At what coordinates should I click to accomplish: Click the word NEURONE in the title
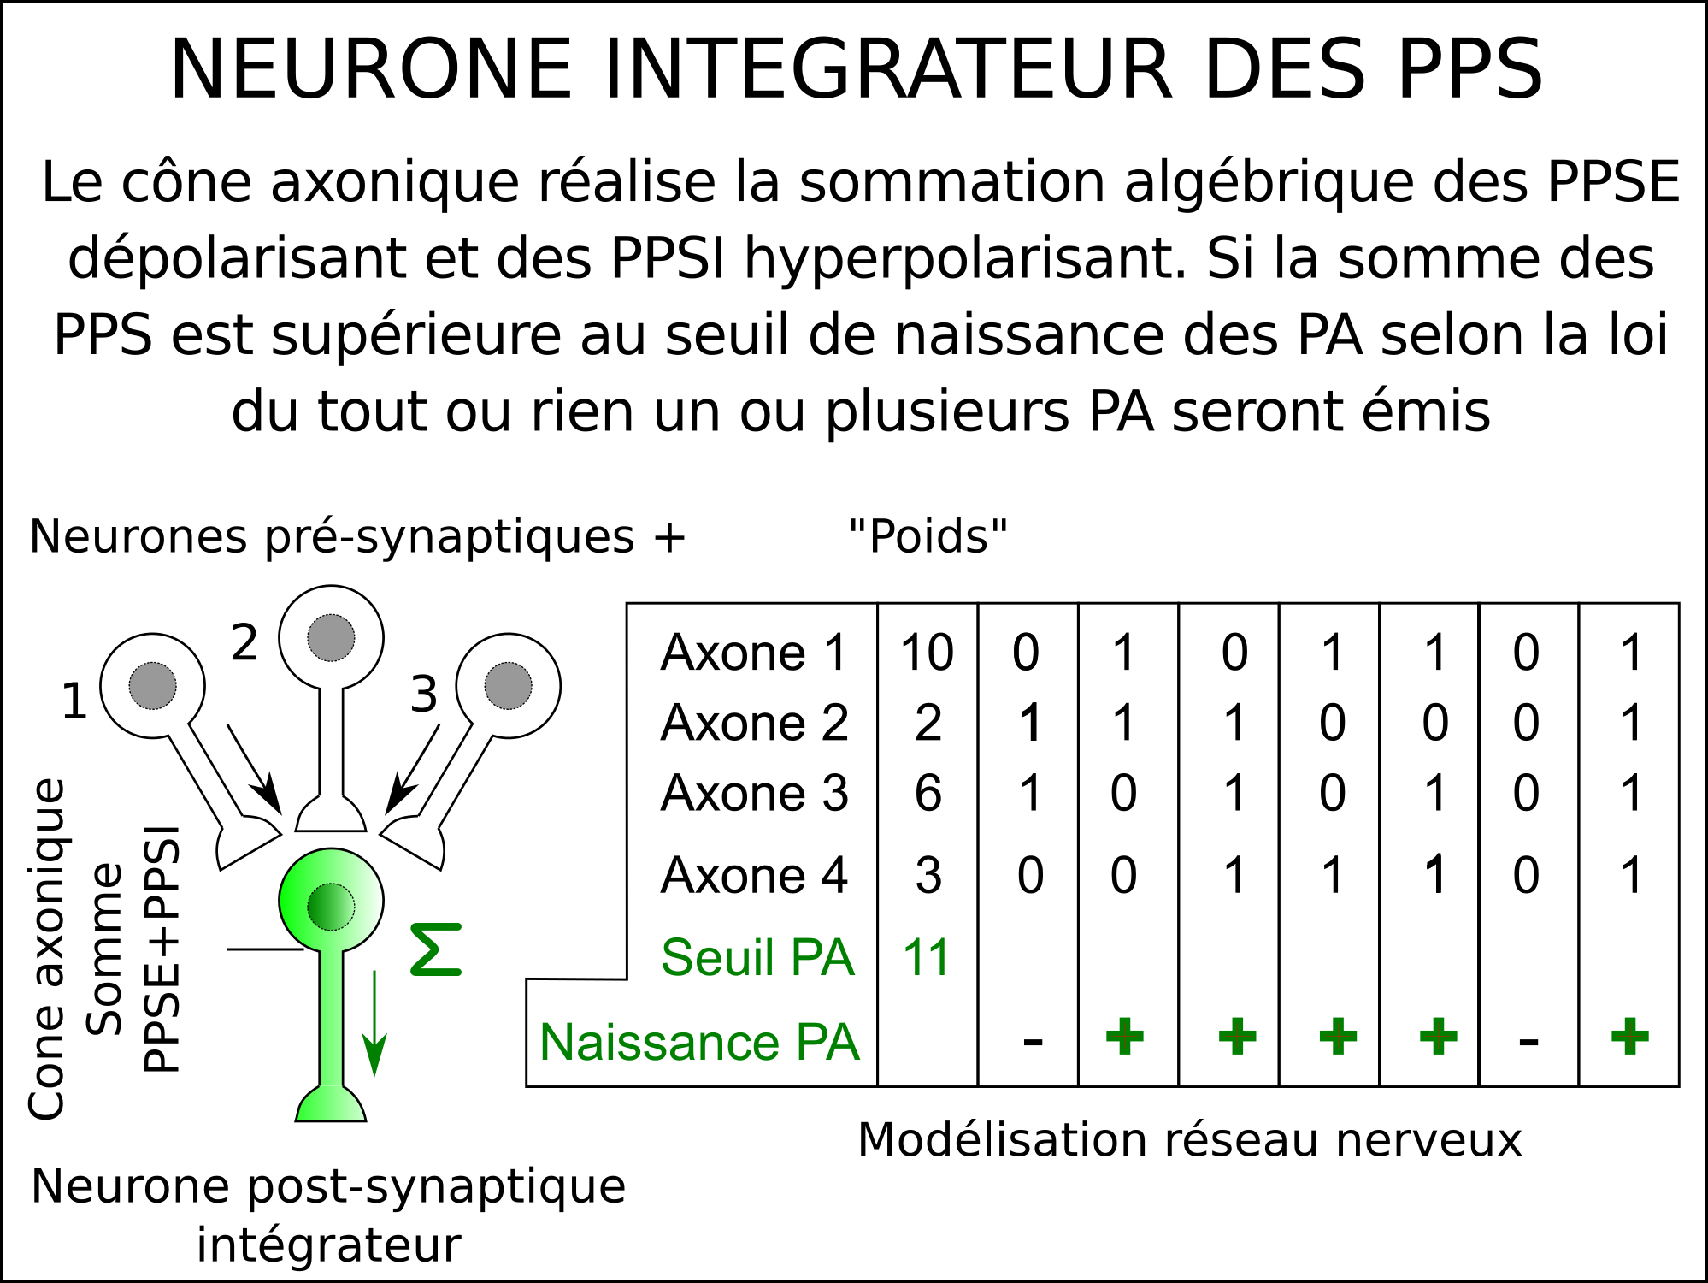click(371, 69)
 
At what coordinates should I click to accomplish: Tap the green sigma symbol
click(436, 949)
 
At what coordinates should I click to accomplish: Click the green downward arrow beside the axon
click(374, 1023)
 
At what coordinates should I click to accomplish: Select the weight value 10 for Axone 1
click(928, 653)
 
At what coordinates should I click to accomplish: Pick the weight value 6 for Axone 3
click(928, 793)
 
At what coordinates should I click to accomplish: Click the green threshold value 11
click(927, 957)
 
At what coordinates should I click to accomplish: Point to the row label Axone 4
click(754, 875)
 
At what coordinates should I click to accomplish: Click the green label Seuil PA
click(757, 957)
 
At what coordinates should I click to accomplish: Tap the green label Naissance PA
click(699, 1043)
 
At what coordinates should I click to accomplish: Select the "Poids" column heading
click(928, 536)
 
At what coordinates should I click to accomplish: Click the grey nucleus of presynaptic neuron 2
click(331, 638)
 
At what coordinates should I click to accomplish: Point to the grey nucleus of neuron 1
click(152, 685)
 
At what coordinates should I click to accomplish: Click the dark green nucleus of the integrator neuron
click(331, 907)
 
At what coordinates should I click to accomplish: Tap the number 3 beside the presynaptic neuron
click(424, 694)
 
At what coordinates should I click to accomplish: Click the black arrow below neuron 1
click(254, 770)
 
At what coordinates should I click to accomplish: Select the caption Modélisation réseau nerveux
click(1190, 1140)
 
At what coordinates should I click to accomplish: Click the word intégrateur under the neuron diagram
click(329, 1245)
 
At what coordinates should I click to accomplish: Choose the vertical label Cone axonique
click(46, 949)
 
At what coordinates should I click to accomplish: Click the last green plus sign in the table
click(1629, 1037)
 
